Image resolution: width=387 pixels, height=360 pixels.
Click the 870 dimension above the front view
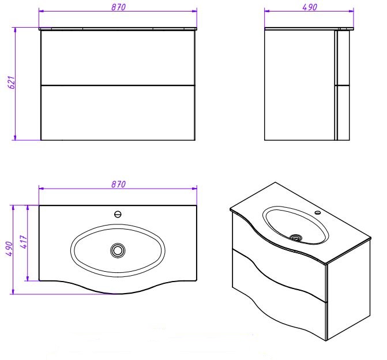tap(118, 7)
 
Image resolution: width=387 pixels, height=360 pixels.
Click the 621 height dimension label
tap(12, 82)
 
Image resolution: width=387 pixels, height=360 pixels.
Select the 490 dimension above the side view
tap(310, 7)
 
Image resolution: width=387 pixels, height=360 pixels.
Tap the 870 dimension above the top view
tap(118, 184)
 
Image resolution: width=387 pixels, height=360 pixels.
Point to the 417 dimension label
tap(24, 242)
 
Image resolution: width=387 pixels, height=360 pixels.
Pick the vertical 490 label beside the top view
tap(9, 249)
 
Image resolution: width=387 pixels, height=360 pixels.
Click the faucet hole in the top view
tap(118, 214)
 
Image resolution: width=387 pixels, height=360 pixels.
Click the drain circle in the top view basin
tap(118, 250)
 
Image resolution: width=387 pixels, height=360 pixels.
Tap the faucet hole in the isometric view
tap(318, 212)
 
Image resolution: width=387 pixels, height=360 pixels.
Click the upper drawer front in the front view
tap(118, 58)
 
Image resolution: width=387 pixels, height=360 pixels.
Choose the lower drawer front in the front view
tap(118, 113)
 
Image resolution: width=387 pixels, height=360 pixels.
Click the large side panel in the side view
tap(299, 85)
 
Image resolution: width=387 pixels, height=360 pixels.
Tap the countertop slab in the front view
tap(118, 29)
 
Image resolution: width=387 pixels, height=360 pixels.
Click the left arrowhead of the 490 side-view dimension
tap(266, 11)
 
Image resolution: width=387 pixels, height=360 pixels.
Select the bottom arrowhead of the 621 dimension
tap(15, 138)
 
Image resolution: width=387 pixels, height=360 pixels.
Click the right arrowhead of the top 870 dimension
tap(194, 10)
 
